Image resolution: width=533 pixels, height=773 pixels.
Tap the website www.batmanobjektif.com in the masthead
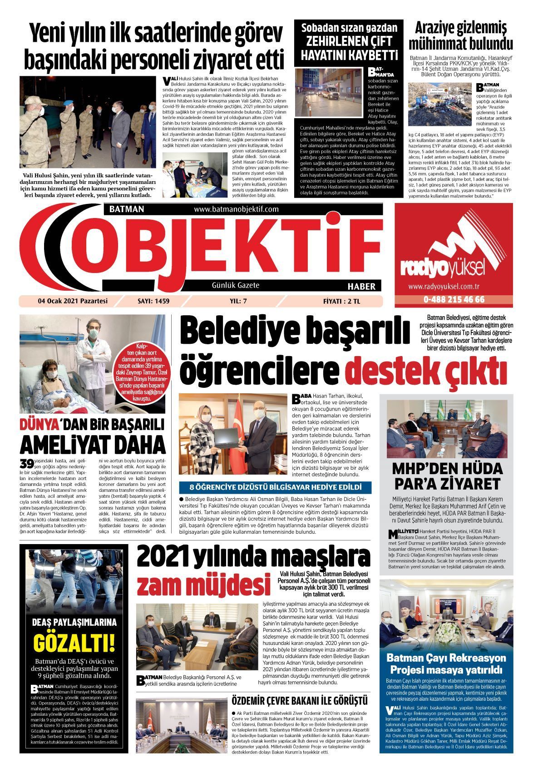click(x=236, y=209)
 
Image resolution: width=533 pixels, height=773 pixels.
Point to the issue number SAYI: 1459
click(x=153, y=301)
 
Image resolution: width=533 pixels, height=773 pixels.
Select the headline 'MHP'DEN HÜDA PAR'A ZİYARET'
click(x=447, y=475)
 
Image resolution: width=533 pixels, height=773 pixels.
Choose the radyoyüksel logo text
click(x=441, y=269)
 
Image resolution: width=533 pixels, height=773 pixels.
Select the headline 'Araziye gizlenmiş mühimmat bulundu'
click(x=461, y=36)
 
